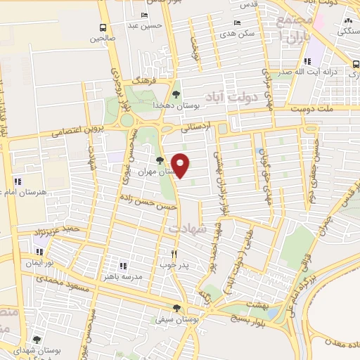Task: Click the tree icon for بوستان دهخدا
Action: tap(176, 94)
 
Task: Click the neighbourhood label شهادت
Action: tap(186, 230)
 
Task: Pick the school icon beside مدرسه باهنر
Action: tap(122, 266)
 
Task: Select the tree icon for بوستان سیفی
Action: tap(176, 308)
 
